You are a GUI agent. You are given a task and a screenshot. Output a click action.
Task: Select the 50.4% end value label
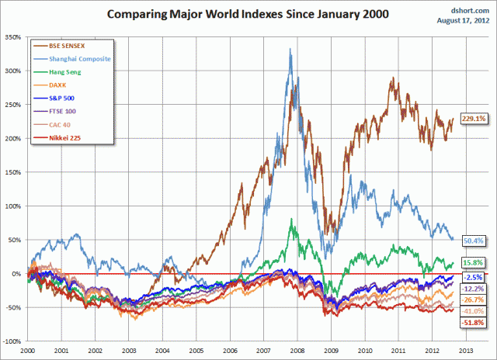[x=474, y=241]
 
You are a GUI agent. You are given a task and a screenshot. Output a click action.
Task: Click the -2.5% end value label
[x=474, y=277]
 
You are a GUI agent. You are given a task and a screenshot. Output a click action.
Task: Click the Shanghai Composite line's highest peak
[x=290, y=50]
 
